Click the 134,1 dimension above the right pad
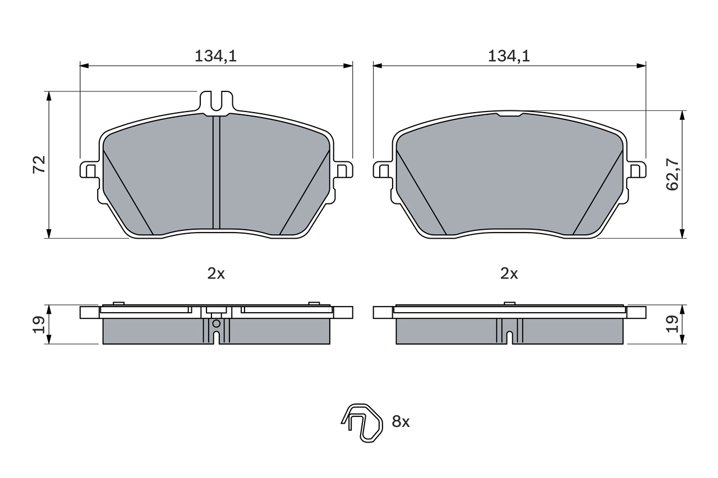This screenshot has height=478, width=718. click(x=509, y=55)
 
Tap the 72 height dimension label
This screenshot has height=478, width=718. click(x=39, y=165)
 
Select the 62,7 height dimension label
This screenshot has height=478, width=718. click(x=673, y=174)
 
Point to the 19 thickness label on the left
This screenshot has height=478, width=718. click(x=39, y=324)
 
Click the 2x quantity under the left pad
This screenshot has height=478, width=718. click(x=216, y=273)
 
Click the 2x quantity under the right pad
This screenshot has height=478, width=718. click(x=509, y=273)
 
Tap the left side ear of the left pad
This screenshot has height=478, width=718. click(x=89, y=169)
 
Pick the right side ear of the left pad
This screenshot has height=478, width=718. click(x=343, y=169)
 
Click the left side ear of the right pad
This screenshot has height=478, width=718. click(x=382, y=169)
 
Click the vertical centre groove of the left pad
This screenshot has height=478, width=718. click(x=217, y=174)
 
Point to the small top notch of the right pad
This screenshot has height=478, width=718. click(x=509, y=115)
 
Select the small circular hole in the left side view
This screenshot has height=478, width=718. click(x=217, y=323)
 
